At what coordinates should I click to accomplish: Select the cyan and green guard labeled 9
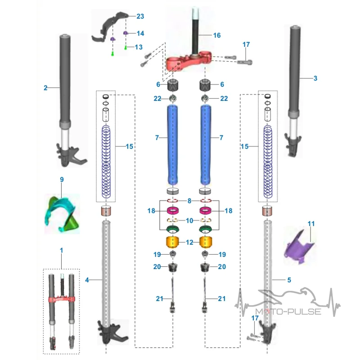pos(62,213)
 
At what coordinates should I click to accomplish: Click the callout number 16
pos(217,36)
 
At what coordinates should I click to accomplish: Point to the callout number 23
pos(140,16)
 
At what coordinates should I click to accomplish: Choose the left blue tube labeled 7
pos(172,144)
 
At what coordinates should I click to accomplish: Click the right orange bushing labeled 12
pos(206,242)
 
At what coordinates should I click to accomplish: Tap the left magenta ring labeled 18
pos(173,210)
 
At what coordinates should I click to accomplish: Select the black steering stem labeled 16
pos(195,31)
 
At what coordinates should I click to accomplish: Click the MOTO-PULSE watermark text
pos(288,312)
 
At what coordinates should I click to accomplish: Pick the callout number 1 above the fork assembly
pos(61,250)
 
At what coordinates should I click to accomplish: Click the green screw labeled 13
pos(126,48)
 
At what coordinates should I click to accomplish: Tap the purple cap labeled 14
pos(126,33)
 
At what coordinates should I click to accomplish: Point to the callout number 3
pos(315,78)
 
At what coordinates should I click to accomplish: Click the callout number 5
pos(289,280)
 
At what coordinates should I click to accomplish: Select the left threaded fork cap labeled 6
pos(173,85)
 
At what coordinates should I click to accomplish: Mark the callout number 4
pos(87,280)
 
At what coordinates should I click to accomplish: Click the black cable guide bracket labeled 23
pos(110,27)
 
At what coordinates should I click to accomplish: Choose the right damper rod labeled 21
pos(205,295)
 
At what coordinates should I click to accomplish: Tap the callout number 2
pos(45,88)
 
